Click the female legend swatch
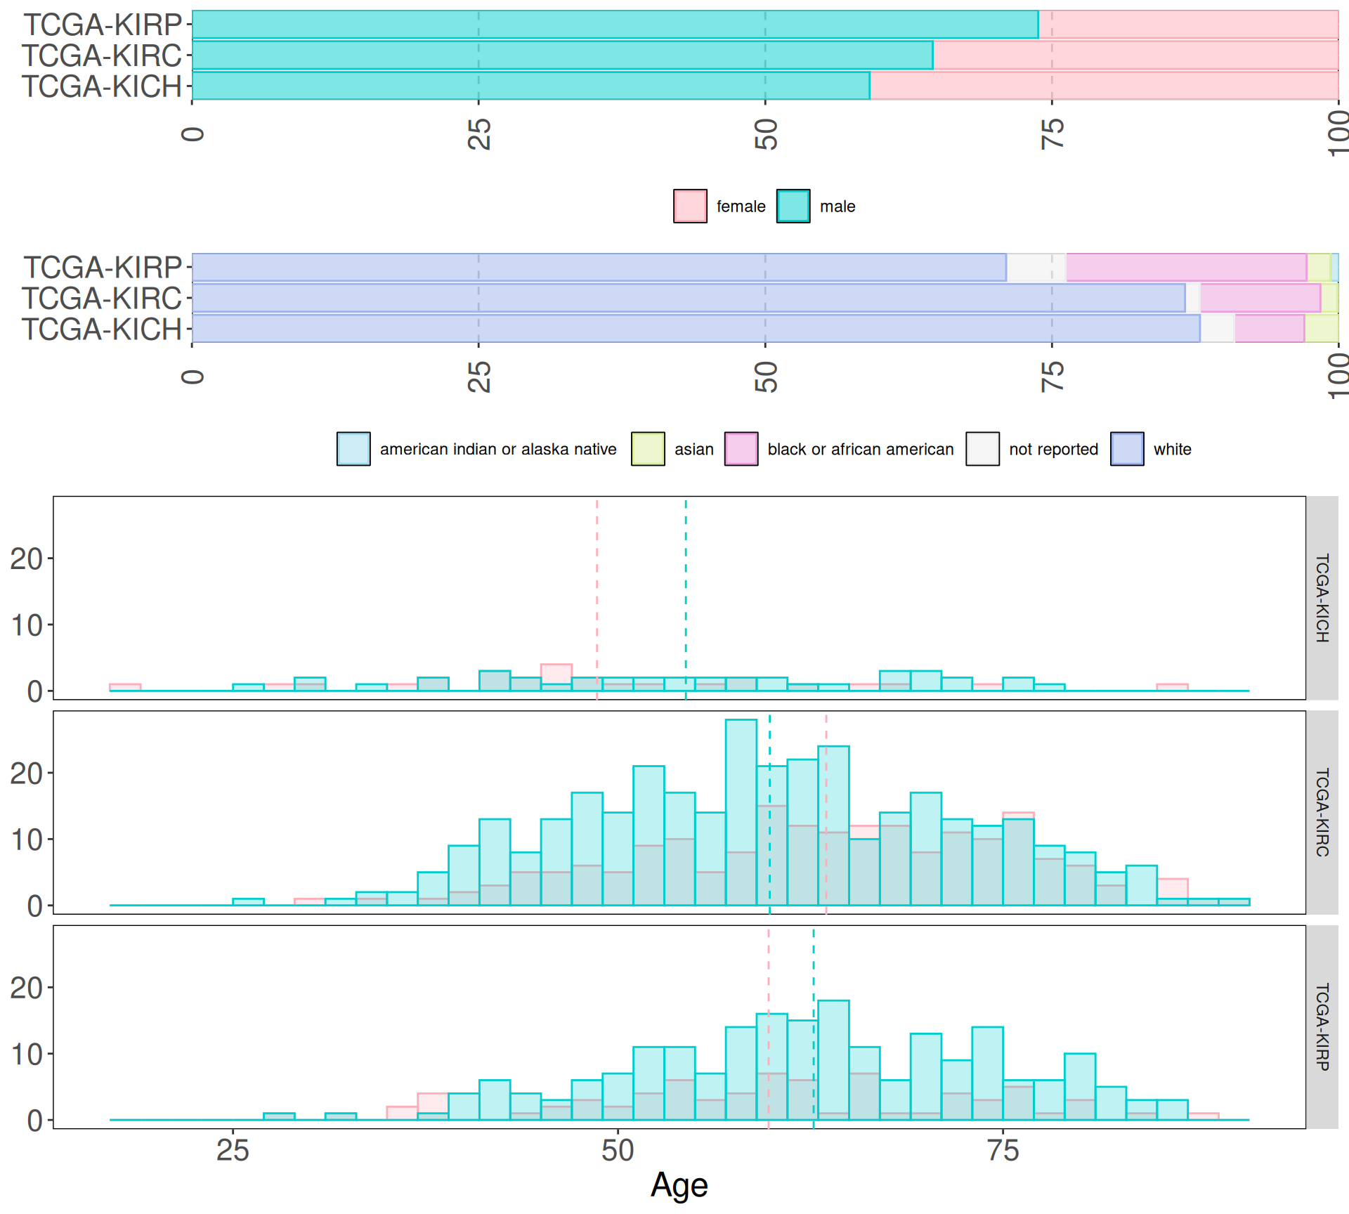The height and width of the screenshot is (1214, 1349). pos(690,207)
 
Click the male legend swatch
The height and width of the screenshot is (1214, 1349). pos(793,207)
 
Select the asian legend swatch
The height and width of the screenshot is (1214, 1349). pos(648,449)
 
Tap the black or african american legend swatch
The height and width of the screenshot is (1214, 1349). pos(741,449)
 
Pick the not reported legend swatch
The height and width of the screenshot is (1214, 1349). pos(982,449)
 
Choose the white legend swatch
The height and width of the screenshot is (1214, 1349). pos(1127,449)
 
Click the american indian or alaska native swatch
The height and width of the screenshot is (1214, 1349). pos(353,449)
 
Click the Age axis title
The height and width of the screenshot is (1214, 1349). pos(679,1185)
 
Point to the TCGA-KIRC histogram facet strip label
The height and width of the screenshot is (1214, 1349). pos(1322,812)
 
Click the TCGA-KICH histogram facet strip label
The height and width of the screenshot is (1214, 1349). pos(1322,598)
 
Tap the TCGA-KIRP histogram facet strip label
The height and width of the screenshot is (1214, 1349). pos(1322,1026)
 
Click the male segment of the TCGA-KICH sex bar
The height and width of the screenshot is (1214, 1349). pos(530,86)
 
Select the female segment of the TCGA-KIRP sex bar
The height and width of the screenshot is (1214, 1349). pos(1188,25)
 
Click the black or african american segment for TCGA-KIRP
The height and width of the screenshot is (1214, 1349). pos(1186,268)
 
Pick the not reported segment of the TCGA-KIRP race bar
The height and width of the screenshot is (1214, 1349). pos(1036,268)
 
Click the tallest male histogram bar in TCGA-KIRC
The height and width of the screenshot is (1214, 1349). pos(741,812)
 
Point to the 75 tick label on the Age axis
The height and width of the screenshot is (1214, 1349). pos(1003,1151)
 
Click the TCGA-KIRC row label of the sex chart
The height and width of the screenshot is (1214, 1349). pos(102,56)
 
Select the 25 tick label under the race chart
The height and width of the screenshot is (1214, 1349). pos(479,377)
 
